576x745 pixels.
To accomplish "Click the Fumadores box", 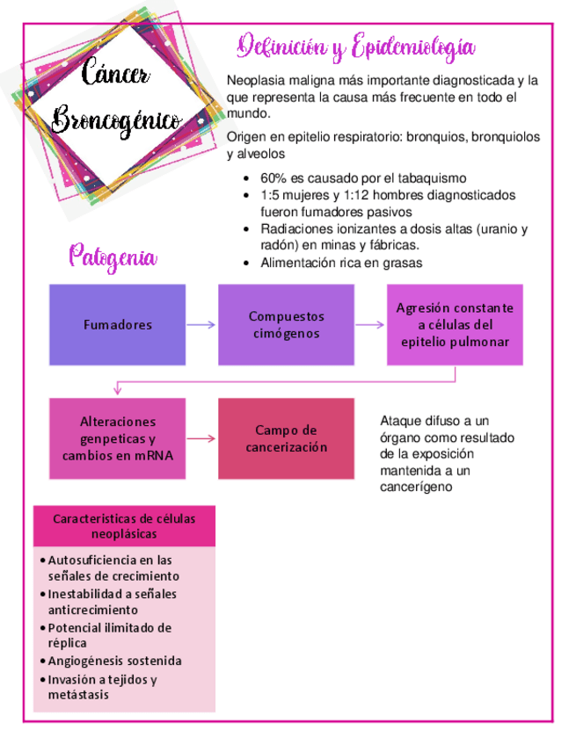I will (x=117, y=324).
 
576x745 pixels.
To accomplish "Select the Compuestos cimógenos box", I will (x=286, y=324).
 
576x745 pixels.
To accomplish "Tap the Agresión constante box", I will (x=455, y=324).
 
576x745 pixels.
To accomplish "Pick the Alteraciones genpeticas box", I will (x=117, y=438).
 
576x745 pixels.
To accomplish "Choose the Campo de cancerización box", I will (x=286, y=438).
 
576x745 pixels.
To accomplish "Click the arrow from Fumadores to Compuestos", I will (x=201, y=324).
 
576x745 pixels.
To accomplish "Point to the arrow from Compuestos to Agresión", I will (x=369, y=324).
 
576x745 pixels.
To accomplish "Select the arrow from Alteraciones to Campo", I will (x=201, y=438).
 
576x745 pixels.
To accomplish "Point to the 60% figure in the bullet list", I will (x=273, y=178).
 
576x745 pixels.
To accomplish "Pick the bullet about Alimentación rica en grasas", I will (x=341, y=263).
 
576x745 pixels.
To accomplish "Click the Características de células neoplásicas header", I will (x=124, y=525).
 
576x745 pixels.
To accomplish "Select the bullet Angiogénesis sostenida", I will (x=114, y=661).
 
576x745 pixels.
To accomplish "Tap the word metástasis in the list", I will (x=78, y=694).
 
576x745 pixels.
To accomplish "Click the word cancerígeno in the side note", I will (x=416, y=486).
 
